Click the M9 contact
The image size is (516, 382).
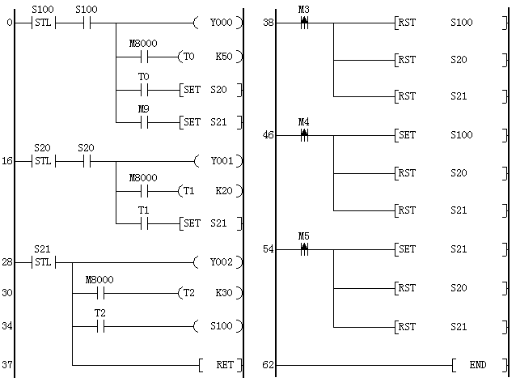(142, 123)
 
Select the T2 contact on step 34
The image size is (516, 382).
(100, 327)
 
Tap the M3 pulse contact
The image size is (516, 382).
(304, 23)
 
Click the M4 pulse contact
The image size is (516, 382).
(304, 135)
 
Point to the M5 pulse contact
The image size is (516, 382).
(304, 249)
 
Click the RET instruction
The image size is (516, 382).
(219, 365)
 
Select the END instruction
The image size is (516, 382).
(476, 365)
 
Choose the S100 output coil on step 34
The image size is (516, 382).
(219, 327)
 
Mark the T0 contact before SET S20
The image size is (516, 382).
(142, 91)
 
